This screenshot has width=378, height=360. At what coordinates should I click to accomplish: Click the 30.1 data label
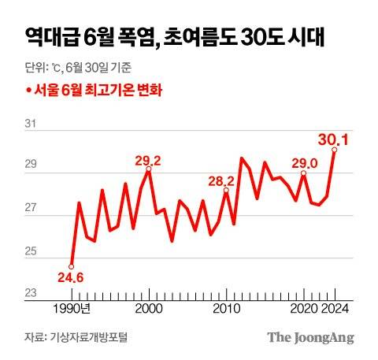coord(334,139)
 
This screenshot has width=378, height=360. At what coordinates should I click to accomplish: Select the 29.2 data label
coord(148,161)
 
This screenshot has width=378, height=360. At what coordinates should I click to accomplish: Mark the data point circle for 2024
coord(335,149)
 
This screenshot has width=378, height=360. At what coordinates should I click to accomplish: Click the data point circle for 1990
coord(72,266)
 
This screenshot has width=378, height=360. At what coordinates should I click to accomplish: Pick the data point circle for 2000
coord(149,169)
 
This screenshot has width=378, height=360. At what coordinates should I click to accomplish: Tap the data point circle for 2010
coord(227,190)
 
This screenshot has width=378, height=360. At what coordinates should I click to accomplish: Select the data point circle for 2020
coord(303,173)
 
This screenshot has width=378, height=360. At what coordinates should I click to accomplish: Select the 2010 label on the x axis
coord(227,307)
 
